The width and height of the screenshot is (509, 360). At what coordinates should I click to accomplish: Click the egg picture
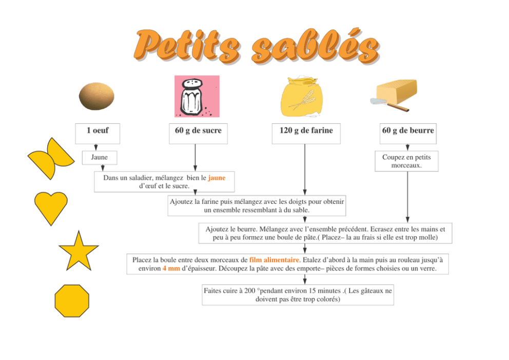coord(96,96)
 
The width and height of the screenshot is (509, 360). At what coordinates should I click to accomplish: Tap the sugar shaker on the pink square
coord(191,97)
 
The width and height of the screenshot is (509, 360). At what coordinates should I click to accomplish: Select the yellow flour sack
coord(302,97)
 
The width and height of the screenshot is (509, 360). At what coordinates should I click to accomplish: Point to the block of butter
coord(397,91)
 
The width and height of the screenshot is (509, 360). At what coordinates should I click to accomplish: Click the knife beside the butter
coord(389,105)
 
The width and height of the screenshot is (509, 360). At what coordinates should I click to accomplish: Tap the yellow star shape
coord(79,252)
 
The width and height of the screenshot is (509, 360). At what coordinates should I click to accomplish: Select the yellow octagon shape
coord(72,301)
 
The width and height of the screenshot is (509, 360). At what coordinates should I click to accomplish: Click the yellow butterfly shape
coord(51,159)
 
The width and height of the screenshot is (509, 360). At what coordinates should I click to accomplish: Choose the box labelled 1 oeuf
coord(97,134)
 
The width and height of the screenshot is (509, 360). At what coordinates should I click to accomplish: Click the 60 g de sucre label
coord(198,134)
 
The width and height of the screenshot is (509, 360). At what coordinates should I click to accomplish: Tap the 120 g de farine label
coord(306,134)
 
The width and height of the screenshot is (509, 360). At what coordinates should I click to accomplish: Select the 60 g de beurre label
coord(408,134)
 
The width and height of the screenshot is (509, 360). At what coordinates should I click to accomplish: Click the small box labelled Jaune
coord(100,158)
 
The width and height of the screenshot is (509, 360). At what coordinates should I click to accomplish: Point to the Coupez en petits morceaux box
coord(406,161)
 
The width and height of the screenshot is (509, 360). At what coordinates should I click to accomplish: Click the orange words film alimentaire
coord(274,260)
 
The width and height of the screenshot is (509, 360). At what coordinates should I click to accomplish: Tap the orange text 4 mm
coord(171,269)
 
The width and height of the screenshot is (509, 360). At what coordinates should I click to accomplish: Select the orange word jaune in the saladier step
coord(217,178)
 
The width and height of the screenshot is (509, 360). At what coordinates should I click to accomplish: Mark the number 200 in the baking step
coord(250,291)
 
